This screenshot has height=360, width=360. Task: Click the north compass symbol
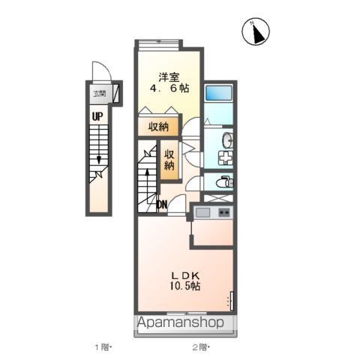(x=257, y=32)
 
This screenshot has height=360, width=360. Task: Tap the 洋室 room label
(x=168, y=76)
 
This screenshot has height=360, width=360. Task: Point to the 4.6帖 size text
(x=168, y=88)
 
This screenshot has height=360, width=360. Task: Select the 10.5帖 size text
(x=183, y=286)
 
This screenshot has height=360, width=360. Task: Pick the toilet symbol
(x=223, y=182)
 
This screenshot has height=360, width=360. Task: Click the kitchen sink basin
(x=202, y=213)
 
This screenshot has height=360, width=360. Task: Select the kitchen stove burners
(x=224, y=213)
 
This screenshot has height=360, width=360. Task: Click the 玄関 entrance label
(x=99, y=94)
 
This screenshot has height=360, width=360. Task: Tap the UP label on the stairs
(x=97, y=116)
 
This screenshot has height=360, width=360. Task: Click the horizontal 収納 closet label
(x=158, y=126)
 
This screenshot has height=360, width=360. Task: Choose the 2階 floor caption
(x=200, y=346)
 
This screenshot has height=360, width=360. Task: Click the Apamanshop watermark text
(x=181, y=324)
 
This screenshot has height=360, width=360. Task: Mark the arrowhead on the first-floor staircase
(x=98, y=159)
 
